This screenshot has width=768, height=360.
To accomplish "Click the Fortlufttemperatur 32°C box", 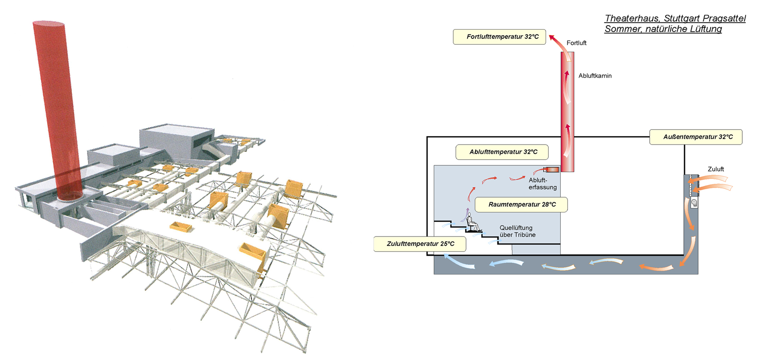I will (499, 37).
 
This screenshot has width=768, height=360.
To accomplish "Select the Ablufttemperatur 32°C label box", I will (502, 152).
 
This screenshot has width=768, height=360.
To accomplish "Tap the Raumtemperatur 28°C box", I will (521, 204).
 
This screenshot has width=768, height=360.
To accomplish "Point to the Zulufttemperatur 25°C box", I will (420, 244).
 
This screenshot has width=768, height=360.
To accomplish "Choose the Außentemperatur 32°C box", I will (696, 137).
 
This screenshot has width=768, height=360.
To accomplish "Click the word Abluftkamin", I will (595, 76).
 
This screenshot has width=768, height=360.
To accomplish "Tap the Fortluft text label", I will (576, 43).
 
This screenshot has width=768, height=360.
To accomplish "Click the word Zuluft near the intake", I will (716, 169).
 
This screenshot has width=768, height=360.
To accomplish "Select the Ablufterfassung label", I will (542, 184).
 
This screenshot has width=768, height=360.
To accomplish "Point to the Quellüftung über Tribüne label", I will (517, 231).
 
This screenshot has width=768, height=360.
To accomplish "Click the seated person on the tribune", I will (472, 223).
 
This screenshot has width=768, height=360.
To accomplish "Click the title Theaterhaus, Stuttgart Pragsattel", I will (675, 18).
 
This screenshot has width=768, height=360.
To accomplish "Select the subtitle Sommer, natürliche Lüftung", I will (663, 29).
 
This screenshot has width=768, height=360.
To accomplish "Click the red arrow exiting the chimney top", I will (558, 44).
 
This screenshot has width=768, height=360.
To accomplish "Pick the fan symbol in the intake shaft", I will (694, 203).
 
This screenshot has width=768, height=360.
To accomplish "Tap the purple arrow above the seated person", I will (467, 212).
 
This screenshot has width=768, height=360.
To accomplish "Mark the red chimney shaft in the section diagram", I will (567, 112).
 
